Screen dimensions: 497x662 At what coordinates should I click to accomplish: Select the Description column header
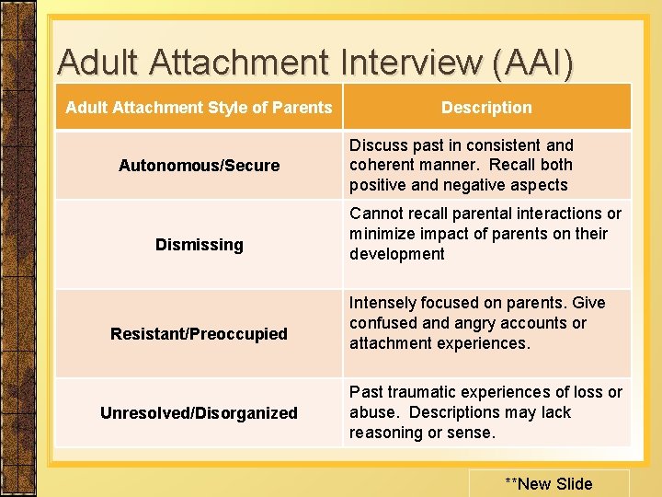486,108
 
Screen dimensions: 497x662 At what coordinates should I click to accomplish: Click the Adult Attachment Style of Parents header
199,108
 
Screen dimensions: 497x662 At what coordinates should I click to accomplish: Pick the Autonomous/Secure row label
199,166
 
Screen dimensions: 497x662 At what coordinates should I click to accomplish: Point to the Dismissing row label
199,245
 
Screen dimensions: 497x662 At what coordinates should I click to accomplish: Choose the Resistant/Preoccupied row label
199,334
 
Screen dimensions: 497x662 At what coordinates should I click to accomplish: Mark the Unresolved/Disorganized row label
199,413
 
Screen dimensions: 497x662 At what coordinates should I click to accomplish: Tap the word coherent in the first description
381,166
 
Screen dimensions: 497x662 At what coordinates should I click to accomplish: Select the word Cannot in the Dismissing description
375,214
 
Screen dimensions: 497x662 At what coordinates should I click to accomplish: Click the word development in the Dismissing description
396,254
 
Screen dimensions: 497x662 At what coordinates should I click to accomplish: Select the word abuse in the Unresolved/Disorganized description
372,413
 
